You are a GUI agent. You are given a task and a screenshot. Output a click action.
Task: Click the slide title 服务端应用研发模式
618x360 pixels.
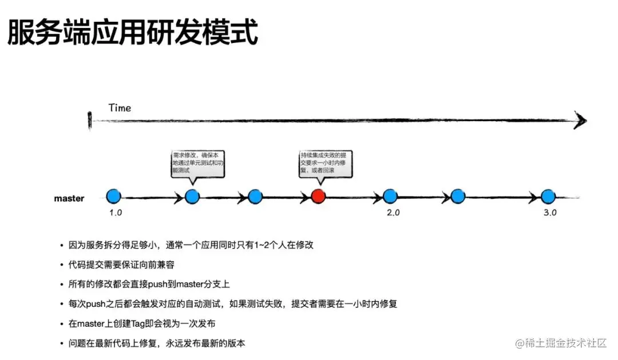(x=132, y=33)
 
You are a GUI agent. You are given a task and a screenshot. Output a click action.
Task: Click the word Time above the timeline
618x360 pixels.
(x=120, y=108)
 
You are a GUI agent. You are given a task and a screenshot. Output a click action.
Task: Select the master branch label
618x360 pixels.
(x=69, y=199)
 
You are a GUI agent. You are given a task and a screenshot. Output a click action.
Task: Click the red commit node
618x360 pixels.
(x=318, y=196)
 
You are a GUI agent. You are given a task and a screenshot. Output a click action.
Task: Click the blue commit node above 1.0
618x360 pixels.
(x=114, y=196)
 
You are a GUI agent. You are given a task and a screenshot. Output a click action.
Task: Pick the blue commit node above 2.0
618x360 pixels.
(x=390, y=196)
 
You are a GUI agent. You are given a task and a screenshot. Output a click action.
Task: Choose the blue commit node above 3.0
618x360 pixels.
(x=548, y=196)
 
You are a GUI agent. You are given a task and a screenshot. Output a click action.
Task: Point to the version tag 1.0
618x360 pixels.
(x=116, y=212)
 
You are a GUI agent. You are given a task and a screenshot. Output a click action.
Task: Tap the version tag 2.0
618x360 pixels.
(x=393, y=212)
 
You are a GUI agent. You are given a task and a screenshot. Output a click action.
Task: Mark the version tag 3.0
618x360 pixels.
(x=550, y=212)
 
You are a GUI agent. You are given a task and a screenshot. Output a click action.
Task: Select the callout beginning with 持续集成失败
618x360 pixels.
(x=326, y=163)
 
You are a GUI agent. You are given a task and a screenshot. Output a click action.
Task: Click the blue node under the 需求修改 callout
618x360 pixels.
(x=192, y=196)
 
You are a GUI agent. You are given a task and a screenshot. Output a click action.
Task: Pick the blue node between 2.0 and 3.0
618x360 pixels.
(x=458, y=196)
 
